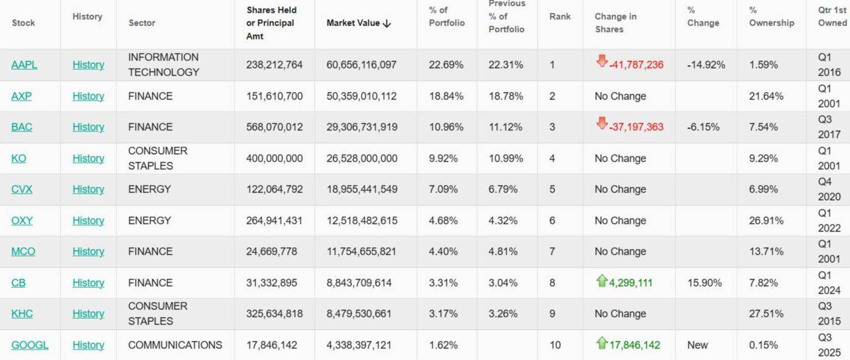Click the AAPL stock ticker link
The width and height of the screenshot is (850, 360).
[24, 65]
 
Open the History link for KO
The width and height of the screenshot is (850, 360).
[88, 158]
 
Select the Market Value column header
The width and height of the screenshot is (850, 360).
[353, 23]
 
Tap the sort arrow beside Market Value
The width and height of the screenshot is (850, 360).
[387, 23]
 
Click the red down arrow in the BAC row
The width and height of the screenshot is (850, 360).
[602, 123]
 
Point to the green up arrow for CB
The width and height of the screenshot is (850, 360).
[602, 281]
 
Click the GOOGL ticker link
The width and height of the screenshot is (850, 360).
[30, 345]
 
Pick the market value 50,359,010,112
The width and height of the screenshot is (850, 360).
[361, 96]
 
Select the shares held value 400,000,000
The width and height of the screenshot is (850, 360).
[275, 158]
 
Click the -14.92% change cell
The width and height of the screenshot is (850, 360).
[706, 65]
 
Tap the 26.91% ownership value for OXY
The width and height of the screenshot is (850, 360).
[766, 220]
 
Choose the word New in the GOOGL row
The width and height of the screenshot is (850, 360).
[698, 345]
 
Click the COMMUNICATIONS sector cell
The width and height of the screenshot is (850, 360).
[175, 345]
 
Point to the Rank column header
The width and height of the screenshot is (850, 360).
[560, 16]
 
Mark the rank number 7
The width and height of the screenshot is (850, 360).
[552, 251]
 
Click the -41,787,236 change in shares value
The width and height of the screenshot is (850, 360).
[636, 65]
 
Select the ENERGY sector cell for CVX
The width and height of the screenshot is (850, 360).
[150, 189]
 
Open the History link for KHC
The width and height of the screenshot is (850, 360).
[88, 313]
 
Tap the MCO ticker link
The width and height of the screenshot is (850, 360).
[23, 251]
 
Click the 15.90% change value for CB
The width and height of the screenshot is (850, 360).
[705, 283]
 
